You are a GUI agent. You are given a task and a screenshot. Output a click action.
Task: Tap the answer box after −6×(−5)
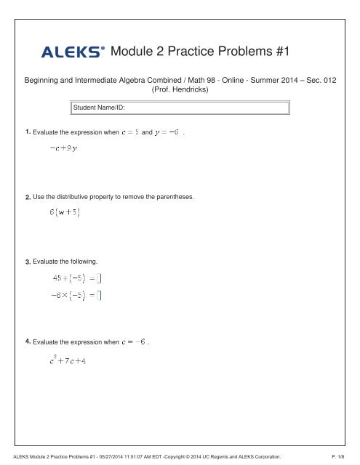[100, 294]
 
